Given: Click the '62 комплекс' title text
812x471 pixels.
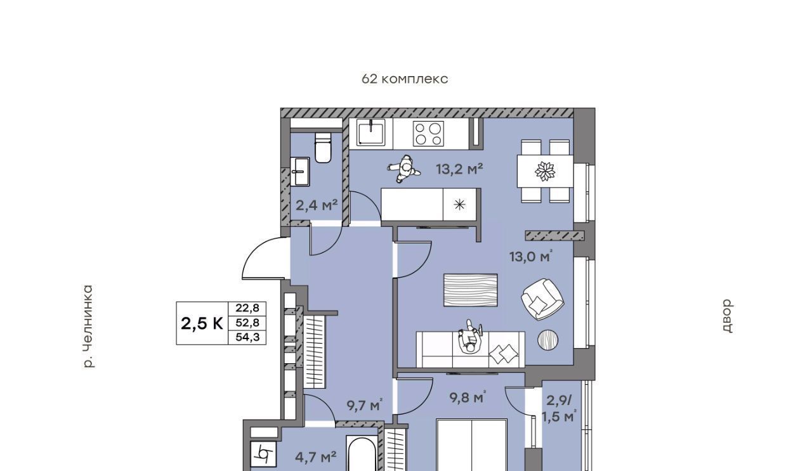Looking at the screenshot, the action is [x=405, y=79].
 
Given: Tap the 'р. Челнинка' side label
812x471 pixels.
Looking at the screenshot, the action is [x=88, y=326].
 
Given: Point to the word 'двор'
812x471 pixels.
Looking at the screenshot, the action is [x=727, y=316].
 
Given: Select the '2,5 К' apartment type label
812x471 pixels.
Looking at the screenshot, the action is [x=202, y=323].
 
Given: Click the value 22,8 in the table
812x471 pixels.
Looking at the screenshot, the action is [x=247, y=308].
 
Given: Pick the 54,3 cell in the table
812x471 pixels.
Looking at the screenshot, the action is [x=247, y=337].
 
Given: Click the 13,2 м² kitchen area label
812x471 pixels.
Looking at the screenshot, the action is [x=459, y=169].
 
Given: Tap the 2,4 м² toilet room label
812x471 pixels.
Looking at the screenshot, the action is [x=317, y=205].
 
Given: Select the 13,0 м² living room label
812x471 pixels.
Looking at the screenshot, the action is [x=531, y=256].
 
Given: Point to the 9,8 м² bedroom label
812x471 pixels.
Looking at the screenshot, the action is [x=468, y=397].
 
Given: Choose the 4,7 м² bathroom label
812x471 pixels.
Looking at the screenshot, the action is [x=316, y=457].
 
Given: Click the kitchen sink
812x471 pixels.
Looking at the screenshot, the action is [x=371, y=132].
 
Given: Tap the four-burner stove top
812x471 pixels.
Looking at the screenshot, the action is [x=428, y=133].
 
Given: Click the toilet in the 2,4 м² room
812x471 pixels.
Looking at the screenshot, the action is [x=323, y=148].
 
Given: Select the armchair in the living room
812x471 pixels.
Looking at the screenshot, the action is [x=542, y=299].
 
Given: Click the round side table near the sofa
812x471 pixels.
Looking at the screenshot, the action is [x=547, y=340].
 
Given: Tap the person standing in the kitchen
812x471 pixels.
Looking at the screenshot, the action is [x=404, y=169].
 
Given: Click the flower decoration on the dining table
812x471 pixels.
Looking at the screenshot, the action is [x=545, y=171].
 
